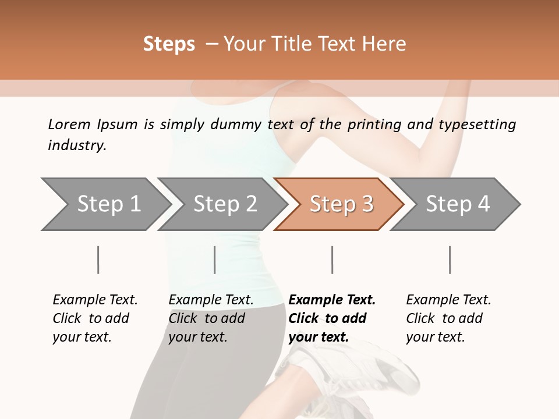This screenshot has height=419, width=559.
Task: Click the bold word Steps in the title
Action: click(x=169, y=44)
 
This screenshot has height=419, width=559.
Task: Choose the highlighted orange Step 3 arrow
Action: click(x=341, y=204)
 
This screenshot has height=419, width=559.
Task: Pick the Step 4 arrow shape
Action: click(x=458, y=204)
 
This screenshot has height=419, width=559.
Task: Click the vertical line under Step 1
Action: click(x=98, y=260)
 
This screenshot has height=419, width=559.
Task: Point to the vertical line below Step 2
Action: click(x=215, y=260)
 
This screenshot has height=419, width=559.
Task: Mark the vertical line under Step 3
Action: click(x=332, y=260)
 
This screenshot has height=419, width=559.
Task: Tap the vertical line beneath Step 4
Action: click(x=450, y=260)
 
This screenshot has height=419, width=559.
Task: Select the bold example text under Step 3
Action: click(x=332, y=318)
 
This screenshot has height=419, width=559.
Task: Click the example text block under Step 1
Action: click(x=95, y=318)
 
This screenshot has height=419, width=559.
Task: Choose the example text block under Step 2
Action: click(x=211, y=318)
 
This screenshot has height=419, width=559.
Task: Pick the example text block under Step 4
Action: click(x=448, y=318)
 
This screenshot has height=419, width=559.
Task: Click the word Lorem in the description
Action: click(x=69, y=125)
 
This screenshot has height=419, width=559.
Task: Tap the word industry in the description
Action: click(x=77, y=145)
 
